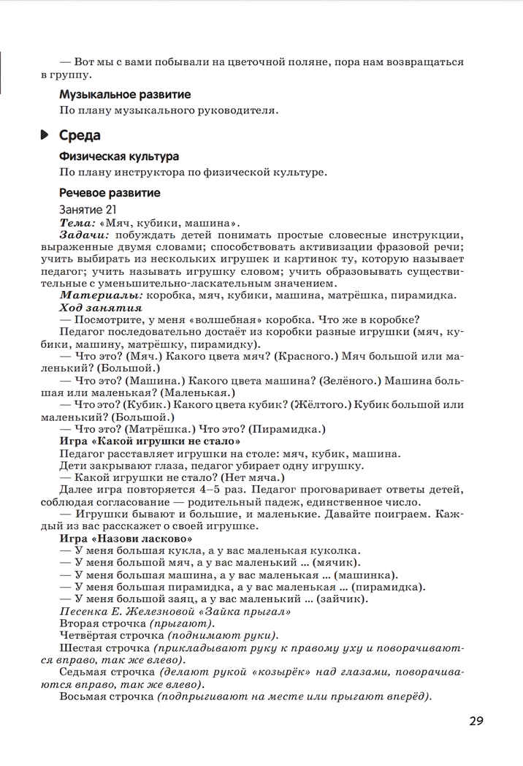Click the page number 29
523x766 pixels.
point(476,722)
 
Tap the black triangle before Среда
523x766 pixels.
point(45,135)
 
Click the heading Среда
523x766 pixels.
point(80,135)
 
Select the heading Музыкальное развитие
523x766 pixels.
point(125,94)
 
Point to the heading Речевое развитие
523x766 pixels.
point(110,193)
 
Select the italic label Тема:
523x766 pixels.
point(77,222)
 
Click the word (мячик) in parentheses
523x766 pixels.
point(336,562)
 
